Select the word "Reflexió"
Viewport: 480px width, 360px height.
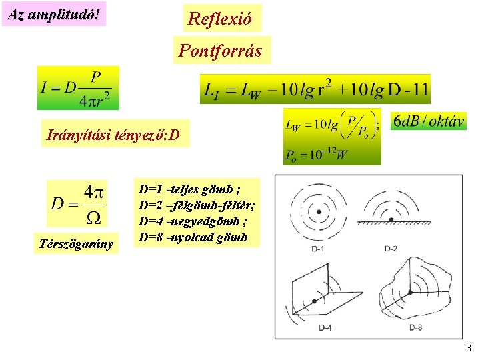coord(220,18)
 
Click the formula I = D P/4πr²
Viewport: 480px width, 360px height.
coord(79,87)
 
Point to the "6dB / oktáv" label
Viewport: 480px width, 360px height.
coord(428,121)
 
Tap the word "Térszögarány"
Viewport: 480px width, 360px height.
coord(76,245)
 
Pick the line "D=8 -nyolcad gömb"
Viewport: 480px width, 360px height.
coord(193,237)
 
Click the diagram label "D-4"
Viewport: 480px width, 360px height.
coord(325,327)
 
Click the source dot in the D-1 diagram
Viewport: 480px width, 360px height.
coord(319,211)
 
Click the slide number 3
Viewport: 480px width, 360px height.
coord(468,347)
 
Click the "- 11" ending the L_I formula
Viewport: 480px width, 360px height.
coord(417,89)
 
